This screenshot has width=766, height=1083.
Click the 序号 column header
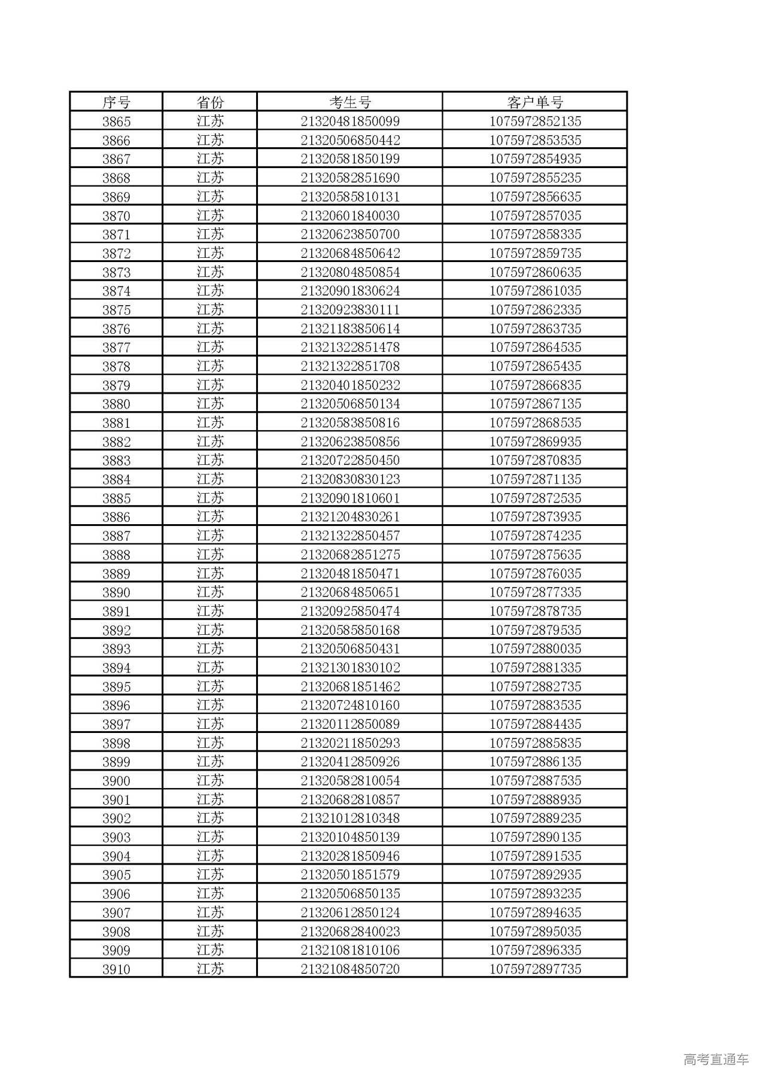tap(116, 102)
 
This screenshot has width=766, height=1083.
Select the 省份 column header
tap(210, 102)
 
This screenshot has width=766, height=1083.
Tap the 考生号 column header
tap(350, 102)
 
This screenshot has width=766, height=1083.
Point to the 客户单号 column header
tap(535, 102)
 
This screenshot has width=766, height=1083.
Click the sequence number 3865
tap(116, 121)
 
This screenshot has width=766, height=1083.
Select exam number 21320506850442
tap(350, 141)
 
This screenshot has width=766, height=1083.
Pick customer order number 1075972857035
tap(535, 216)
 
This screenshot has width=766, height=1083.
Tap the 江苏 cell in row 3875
tap(210, 310)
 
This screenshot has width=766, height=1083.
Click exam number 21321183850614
tap(350, 329)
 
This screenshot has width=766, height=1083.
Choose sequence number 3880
tap(116, 404)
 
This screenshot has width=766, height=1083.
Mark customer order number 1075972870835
tap(535, 461)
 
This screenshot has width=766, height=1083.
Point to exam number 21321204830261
tap(350, 517)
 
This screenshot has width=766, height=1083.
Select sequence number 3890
tap(116, 592)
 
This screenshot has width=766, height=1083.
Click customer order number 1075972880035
tap(535, 649)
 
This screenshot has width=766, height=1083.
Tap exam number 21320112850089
tap(350, 725)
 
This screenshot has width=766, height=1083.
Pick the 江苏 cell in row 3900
tap(210, 781)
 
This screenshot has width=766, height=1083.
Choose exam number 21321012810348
tap(350, 819)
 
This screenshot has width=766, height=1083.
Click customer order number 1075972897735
tap(535, 969)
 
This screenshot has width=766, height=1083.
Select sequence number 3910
tap(116, 969)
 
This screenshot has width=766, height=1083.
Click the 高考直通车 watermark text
tap(716, 1059)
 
